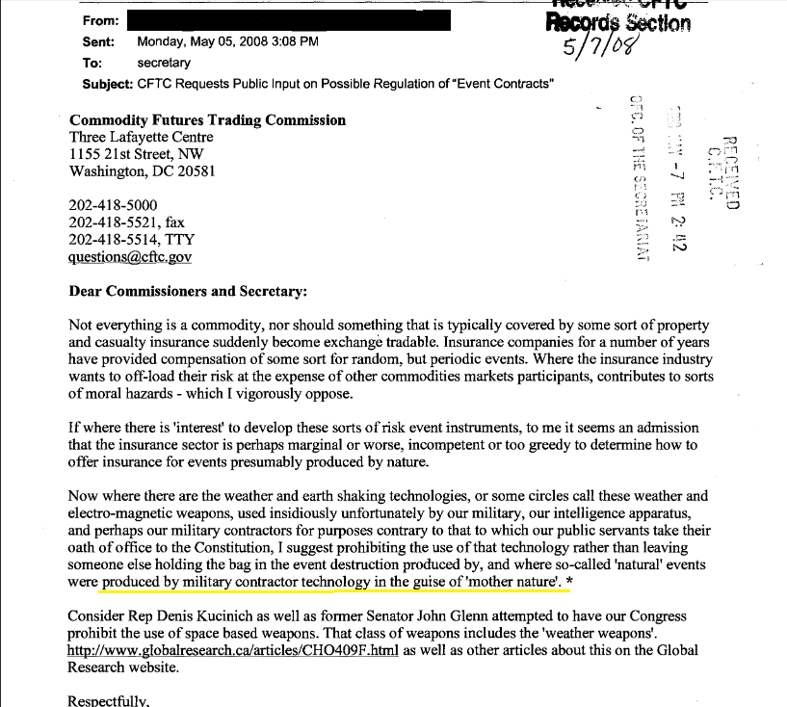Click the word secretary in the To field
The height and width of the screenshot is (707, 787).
[x=165, y=63]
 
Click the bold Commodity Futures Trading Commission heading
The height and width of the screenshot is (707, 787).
[x=207, y=120]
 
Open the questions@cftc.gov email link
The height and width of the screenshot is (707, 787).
[x=130, y=257]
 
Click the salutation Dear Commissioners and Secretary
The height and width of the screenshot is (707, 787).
[x=187, y=290]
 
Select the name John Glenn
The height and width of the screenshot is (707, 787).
[x=459, y=616]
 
